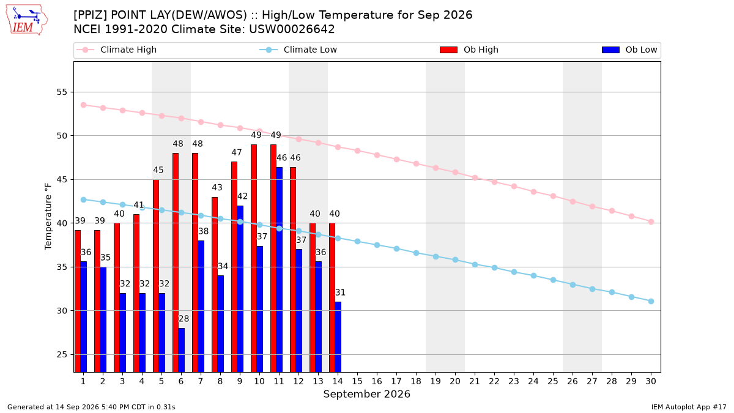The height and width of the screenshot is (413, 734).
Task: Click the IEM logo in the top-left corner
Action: [26, 20]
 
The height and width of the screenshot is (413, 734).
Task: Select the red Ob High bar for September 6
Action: [176, 262]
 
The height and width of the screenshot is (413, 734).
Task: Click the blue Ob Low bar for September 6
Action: [182, 350]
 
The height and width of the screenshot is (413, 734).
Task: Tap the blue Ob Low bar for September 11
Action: [279, 270]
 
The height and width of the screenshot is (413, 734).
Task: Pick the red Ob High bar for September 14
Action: [332, 297]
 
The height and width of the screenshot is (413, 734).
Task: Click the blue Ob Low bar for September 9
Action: [240, 289]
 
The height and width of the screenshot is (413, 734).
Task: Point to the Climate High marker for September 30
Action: [651, 222]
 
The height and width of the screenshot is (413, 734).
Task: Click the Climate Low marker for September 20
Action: [455, 260]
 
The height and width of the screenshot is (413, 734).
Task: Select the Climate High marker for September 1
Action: [84, 105]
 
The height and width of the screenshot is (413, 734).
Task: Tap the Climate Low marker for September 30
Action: [651, 301]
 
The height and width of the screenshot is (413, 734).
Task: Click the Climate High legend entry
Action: [116, 50]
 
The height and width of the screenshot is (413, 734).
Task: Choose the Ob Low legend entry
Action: [629, 50]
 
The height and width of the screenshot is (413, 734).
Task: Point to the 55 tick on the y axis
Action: [62, 92]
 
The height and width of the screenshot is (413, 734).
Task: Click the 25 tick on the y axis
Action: [62, 355]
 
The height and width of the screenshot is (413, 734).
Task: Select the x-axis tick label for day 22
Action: [494, 381]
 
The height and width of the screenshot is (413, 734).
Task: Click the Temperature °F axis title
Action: [48, 217]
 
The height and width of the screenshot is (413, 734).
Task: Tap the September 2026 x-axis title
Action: [366, 394]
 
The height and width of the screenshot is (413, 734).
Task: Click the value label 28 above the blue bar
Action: [184, 319]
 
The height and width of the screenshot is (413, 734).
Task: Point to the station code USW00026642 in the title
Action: [292, 29]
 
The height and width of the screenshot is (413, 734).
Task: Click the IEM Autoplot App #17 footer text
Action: [689, 407]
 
